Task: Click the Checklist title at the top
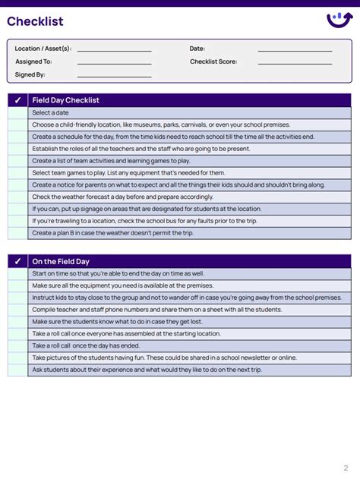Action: point(35,21)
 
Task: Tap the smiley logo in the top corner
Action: point(338,20)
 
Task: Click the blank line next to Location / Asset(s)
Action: point(114,50)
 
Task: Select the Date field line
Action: point(295,50)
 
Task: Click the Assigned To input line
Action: point(114,63)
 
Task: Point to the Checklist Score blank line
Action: point(295,63)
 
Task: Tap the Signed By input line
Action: point(114,76)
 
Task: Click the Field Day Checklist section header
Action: point(66,100)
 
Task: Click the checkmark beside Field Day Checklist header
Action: point(18,100)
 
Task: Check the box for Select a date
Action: point(18,112)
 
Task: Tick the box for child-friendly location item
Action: point(18,124)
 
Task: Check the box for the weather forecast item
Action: point(18,197)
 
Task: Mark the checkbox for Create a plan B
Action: point(18,232)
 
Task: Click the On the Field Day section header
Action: point(61,261)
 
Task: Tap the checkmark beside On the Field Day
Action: point(18,261)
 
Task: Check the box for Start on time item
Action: point(18,273)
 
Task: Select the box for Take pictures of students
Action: point(18,358)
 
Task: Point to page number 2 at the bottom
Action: point(346,468)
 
